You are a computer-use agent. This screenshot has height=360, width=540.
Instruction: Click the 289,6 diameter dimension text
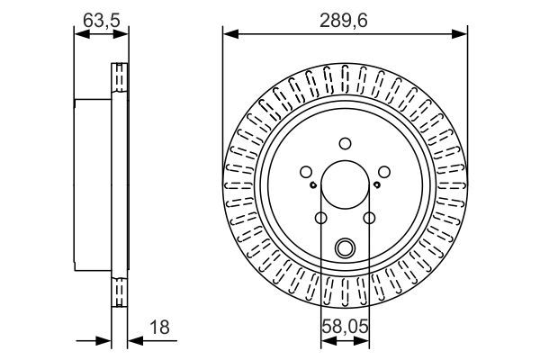346,17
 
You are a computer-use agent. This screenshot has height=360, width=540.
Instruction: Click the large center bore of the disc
345,184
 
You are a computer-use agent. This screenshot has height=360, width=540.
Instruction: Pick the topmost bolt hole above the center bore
345,142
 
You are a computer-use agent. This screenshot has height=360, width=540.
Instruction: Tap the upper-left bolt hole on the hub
305,171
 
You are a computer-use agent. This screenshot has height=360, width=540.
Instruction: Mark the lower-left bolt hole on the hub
320,218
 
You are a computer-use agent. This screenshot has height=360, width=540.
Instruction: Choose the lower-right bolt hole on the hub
369,218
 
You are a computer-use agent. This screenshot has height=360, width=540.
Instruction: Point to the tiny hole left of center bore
312,186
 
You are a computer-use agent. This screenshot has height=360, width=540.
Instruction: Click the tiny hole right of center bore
377,186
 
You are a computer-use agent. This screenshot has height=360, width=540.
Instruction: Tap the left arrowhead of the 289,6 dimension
228,34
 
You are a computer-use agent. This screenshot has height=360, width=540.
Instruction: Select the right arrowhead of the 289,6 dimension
463,34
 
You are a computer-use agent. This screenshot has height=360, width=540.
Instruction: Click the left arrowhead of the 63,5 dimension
78,34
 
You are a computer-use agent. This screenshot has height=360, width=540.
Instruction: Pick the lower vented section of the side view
119,292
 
